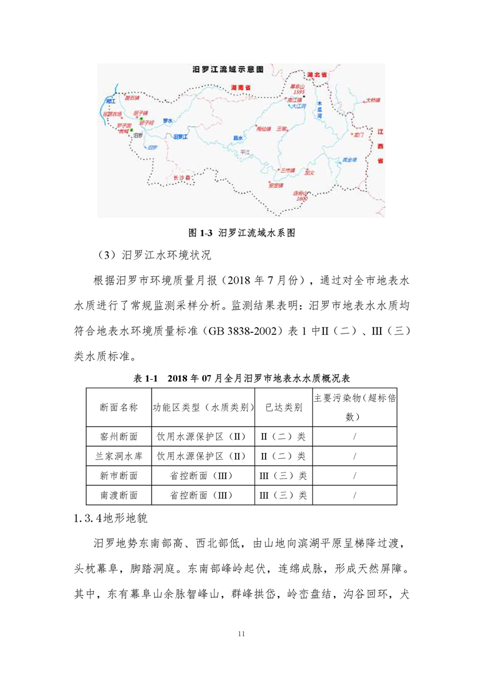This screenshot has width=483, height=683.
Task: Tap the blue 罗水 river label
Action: point(167,120)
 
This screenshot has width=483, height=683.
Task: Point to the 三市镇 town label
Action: point(286,170)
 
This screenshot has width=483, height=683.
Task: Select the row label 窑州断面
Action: point(118,436)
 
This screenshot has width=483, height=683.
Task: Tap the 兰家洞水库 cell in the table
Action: point(118,456)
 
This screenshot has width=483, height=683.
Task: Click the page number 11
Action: point(242,634)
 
